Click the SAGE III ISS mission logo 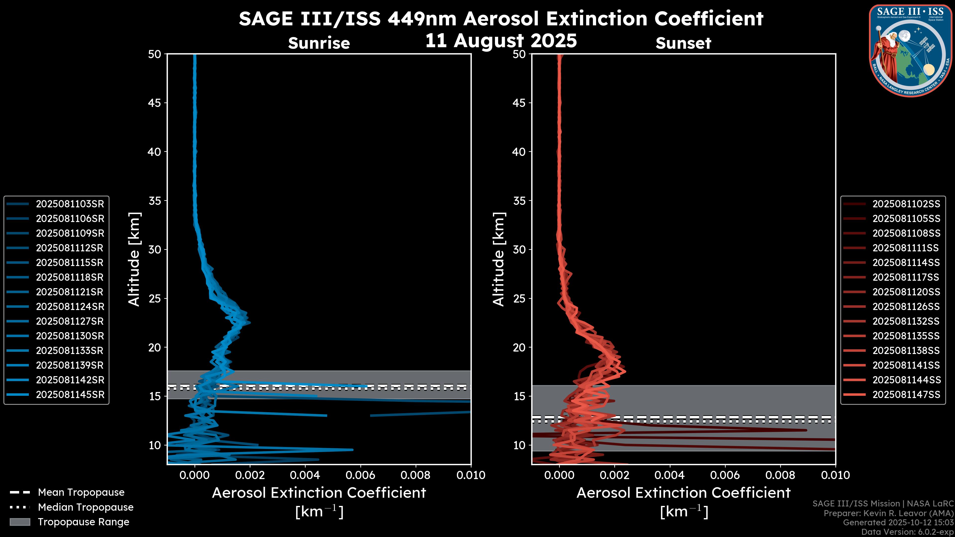(910, 51)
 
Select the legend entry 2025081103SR (70, 204)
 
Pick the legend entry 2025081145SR (70, 395)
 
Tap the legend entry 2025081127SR (70, 321)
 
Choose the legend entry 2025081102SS (906, 204)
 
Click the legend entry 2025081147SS (906, 395)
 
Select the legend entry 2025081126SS (906, 307)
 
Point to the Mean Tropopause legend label (81, 492)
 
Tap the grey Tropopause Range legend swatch (20, 522)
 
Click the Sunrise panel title (319, 43)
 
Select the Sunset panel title (683, 43)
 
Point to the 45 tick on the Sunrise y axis (155, 103)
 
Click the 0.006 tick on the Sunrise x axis (360, 475)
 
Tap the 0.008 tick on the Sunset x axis (780, 475)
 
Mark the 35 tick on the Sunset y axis (519, 201)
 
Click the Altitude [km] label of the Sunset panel (499, 259)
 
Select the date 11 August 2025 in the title (501, 41)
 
